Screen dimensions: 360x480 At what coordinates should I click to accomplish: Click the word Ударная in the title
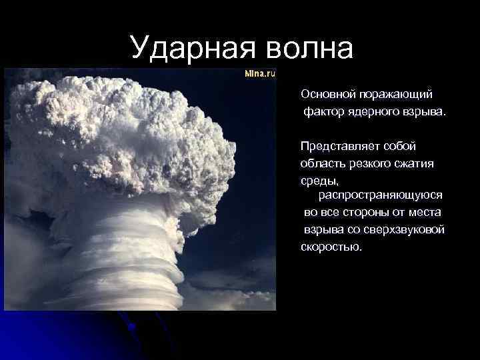tap(190, 47)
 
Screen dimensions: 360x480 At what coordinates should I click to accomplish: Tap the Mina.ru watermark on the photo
tap(260, 74)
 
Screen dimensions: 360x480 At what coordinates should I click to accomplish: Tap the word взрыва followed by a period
tap(423, 111)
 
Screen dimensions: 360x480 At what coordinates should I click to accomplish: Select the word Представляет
tap(337, 146)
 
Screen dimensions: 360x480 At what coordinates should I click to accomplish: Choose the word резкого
tap(370, 163)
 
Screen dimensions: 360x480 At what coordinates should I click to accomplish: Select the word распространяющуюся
tap(381, 195)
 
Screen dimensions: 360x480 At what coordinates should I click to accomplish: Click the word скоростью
tap(331, 247)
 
